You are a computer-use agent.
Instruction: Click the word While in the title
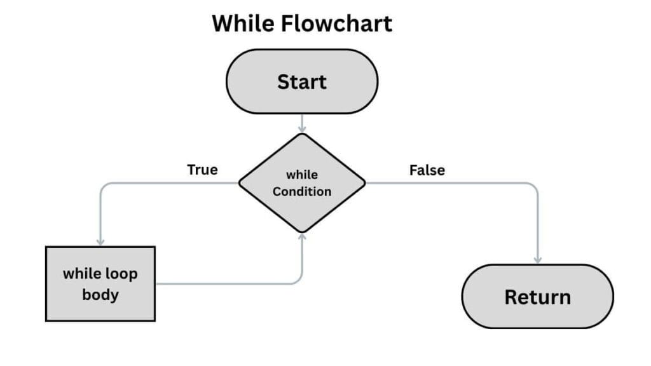point(245,24)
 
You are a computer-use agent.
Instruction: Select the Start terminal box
point(302,82)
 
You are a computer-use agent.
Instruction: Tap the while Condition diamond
point(302,183)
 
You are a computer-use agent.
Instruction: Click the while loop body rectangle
point(100,283)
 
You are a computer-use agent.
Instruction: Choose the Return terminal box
point(537,296)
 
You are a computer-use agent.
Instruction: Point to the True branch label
point(202,170)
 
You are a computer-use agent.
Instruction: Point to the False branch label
point(427,170)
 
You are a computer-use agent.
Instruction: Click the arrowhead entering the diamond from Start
point(302,129)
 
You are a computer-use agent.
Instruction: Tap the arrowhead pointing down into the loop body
point(100,242)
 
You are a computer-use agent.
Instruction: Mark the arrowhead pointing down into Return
point(538,260)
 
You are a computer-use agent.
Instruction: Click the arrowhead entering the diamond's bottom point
point(302,237)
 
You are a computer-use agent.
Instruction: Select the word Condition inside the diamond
point(302,191)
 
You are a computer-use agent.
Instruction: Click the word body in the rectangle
point(100,295)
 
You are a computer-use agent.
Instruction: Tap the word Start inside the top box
point(302,82)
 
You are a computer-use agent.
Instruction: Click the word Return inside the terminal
point(537,297)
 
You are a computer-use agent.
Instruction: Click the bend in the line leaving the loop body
point(299,281)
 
